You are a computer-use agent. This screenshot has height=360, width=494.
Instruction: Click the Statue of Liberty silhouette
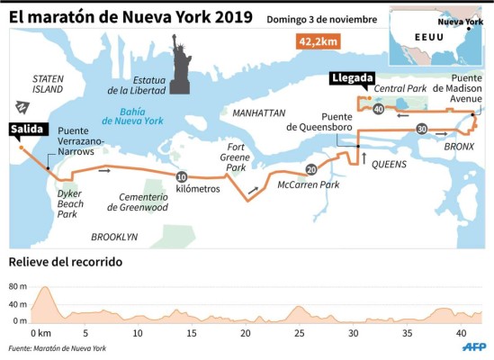point(180,65)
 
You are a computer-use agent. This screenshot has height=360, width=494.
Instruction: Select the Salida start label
point(26,130)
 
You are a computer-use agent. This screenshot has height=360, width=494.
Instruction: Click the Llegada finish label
point(353,78)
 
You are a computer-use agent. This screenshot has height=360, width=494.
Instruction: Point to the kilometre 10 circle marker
point(183,176)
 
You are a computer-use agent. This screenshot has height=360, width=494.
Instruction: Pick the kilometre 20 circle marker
point(311,168)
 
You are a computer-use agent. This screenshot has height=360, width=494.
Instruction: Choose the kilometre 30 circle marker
point(422,130)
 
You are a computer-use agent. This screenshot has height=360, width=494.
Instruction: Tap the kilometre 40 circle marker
point(378,109)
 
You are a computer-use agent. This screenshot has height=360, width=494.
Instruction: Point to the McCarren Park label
point(308,184)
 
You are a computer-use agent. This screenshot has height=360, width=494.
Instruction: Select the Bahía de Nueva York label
point(134,117)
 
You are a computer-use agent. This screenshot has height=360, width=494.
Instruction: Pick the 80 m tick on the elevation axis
point(19,286)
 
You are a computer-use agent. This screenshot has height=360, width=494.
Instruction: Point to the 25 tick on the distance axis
point(300,332)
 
